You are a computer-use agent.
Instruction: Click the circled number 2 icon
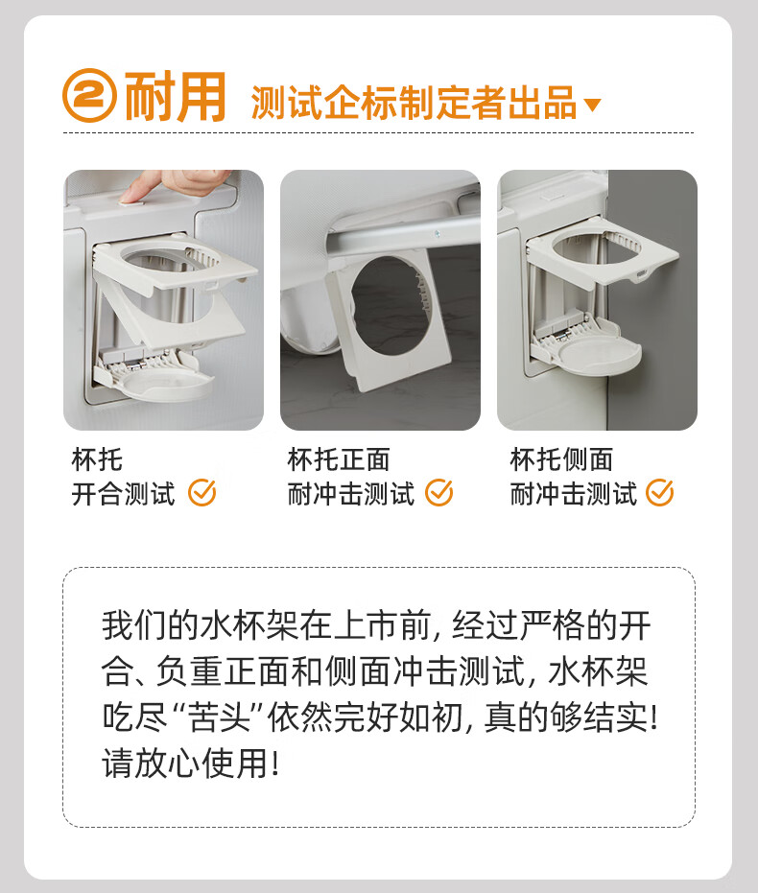coord(89,95)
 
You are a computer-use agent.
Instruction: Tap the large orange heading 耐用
coord(176,97)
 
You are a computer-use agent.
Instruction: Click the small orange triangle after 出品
coord(593,105)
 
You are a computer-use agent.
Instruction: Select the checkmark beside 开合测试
coord(202,493)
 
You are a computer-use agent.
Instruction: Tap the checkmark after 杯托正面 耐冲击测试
coord(439,493)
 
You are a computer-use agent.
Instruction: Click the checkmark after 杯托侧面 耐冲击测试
coord(659,493)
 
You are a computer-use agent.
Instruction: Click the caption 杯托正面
coord(339,459)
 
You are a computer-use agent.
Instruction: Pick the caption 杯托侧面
coord(561,459)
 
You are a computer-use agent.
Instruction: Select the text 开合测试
coord(123,494)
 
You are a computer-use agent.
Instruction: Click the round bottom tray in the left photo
coord(165,385)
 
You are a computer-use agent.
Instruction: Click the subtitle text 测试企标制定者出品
coord(415,103)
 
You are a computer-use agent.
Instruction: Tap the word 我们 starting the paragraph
coord(135,625)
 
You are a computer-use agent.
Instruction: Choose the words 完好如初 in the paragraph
coord(398,717)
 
